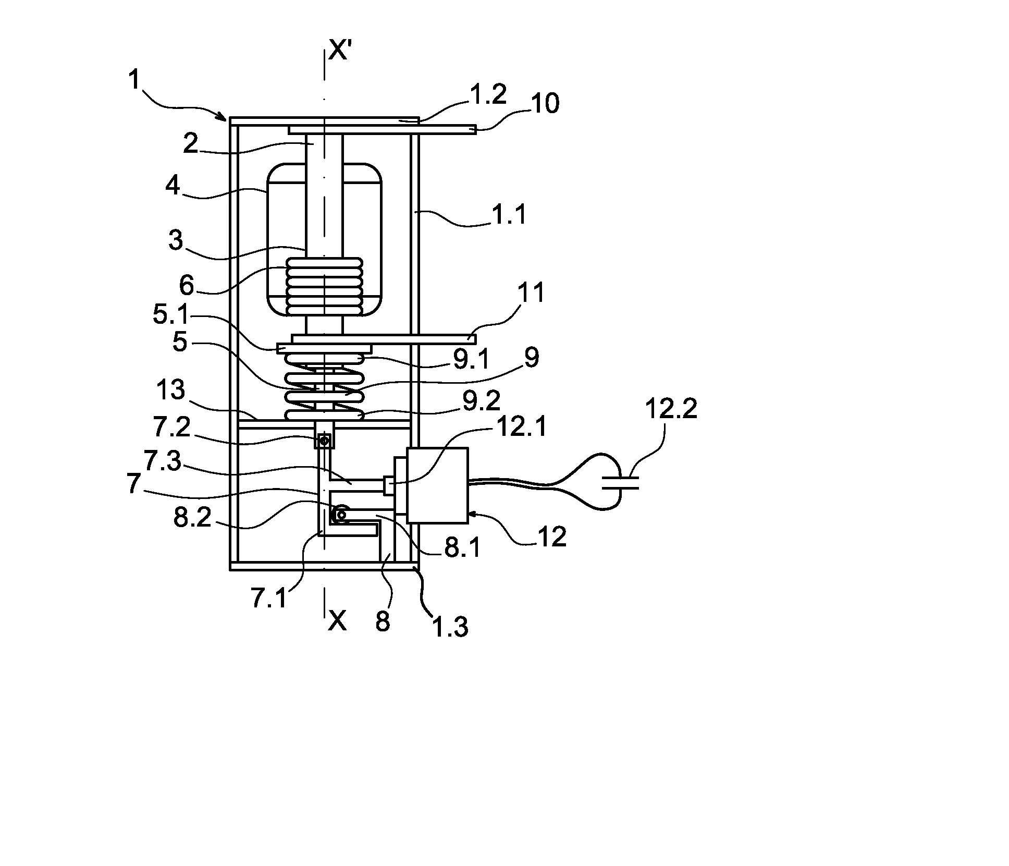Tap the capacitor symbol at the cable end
click(x=620, y=482)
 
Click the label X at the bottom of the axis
click(x=337, y=620)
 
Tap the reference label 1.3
click(x=451, y=625)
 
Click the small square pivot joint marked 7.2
click(x=325, y=441)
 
